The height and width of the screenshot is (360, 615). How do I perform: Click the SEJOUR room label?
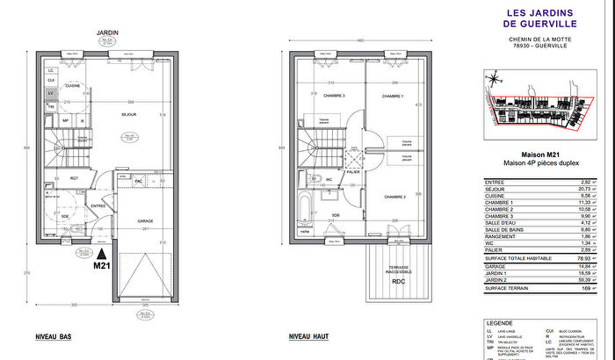127,115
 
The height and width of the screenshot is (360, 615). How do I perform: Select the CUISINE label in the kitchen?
72,85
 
